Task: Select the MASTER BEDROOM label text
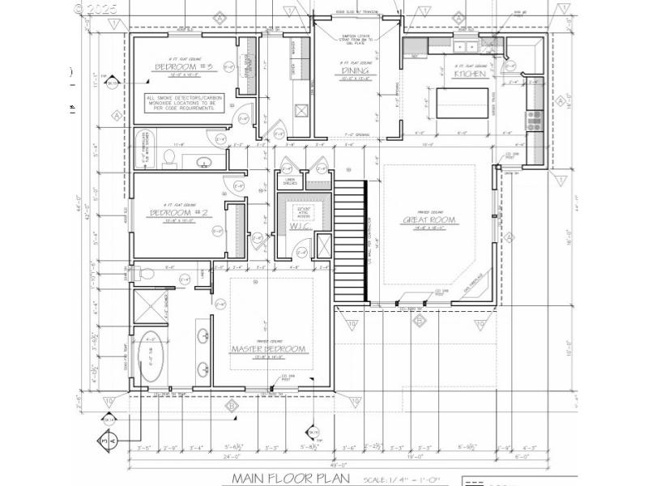[x=269, y=348]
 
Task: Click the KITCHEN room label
[x=470, y=74]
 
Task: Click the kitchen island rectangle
[x=458, y=103]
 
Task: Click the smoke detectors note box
[x=180, y=107]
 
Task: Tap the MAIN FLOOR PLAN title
[x=291, y=478]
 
